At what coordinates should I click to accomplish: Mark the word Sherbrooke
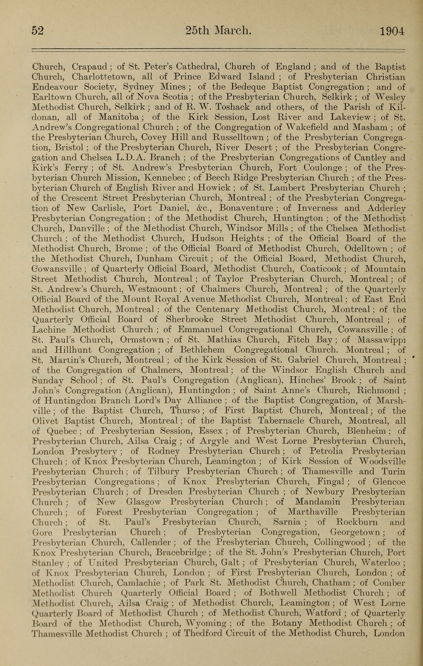click(x=189, y=319)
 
